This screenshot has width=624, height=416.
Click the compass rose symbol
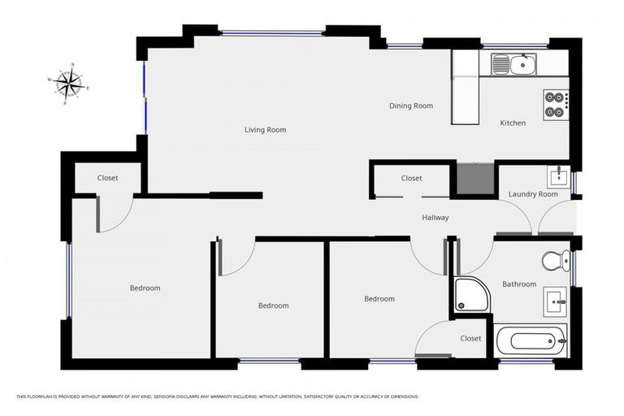tap(69, 83)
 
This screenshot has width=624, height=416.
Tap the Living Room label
tap(266, 130)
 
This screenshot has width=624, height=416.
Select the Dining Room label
tap(410, 106)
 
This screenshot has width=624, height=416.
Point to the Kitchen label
tap(512, 123)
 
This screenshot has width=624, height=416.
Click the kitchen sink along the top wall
tap(513, 63)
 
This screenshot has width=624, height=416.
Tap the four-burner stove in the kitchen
tap(555, 104)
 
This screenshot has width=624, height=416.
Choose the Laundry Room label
tap(532, 194)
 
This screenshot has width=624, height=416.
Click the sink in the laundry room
tap(557, 176)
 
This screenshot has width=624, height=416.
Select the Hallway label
tap(435, 218)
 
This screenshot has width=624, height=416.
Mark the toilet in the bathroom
tap(555, 261)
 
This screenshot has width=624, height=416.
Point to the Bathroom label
tap(518, 284)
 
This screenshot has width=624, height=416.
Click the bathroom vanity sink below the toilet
tap(557, 301)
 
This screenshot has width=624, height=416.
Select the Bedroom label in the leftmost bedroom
tap(145, 288)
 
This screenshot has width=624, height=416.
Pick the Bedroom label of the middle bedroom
tap(273, 305)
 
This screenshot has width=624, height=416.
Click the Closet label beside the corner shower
tap(470, 338)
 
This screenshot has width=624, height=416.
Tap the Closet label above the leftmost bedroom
tap(107, 178)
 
